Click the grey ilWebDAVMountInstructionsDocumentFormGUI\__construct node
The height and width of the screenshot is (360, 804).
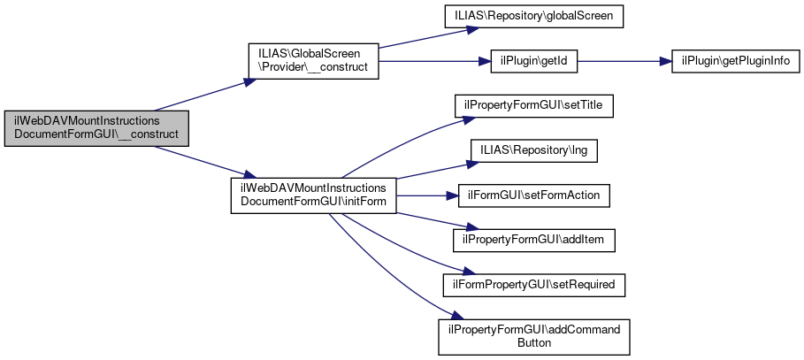coord(96,128)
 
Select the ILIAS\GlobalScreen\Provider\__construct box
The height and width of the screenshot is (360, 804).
coord(313,61)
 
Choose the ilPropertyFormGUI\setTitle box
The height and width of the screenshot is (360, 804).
coord(533,105)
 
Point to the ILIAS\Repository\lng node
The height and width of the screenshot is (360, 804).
coord(534,150)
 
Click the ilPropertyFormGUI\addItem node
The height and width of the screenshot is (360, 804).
coord(533,239)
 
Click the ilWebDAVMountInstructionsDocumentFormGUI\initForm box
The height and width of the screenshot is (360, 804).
coord(313,195)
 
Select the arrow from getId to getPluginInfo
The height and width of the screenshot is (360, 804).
coord(619,61)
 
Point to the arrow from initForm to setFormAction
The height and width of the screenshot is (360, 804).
coord(425,195)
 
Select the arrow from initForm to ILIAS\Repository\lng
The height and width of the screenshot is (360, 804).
coord(425,172)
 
